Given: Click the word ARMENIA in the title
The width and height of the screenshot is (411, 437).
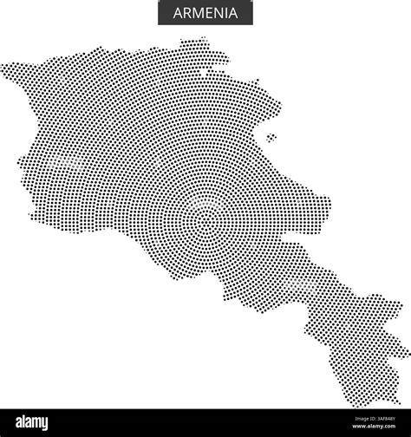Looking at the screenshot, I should [x=205, y=14].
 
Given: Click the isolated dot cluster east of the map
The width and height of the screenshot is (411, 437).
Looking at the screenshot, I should [x=271, y=137].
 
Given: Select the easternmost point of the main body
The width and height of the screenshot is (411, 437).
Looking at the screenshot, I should [x=330, y=208].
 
